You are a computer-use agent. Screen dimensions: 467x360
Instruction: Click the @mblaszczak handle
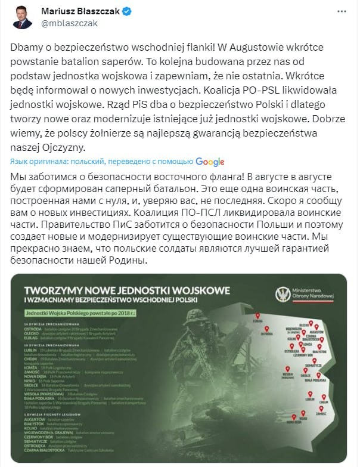click(x=69, y=23)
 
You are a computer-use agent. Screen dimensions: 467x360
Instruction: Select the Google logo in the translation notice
click(x=209, y=162)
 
